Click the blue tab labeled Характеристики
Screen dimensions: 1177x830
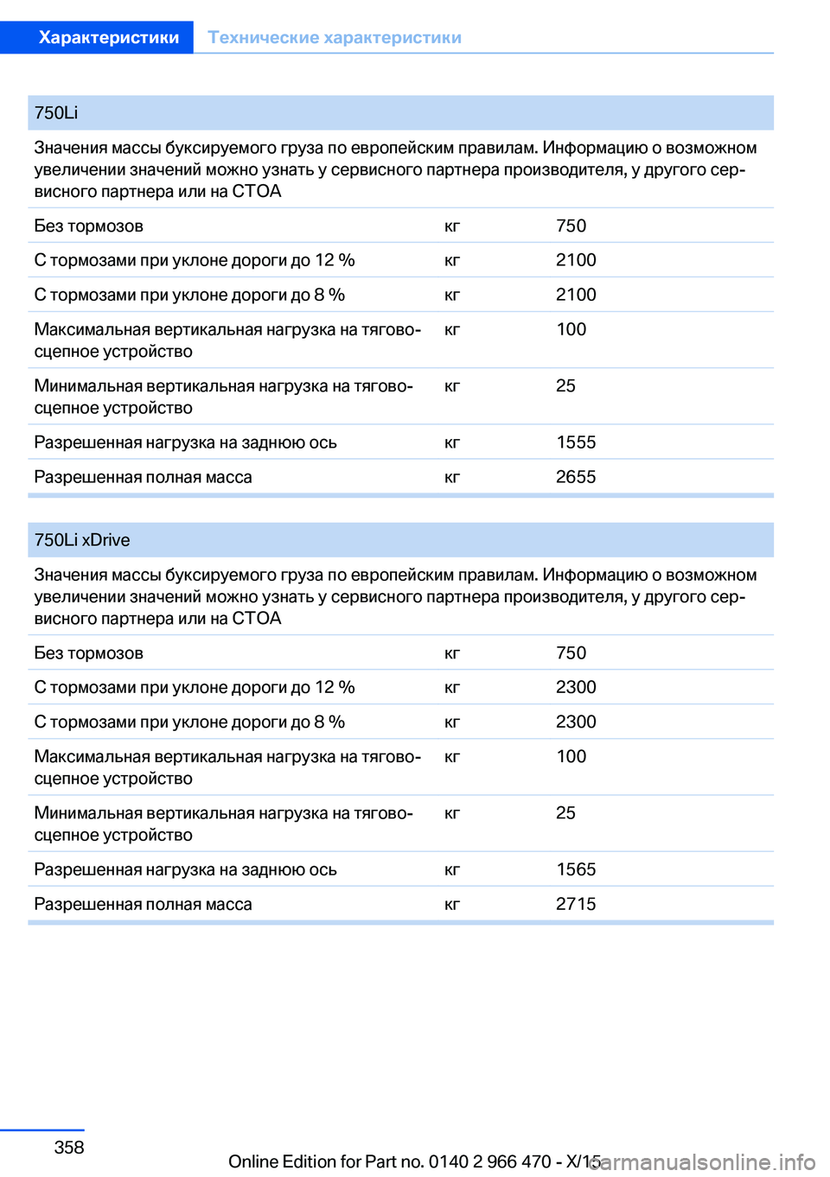(x=108, y=37)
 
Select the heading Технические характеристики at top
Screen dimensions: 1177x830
(x=335, y=37)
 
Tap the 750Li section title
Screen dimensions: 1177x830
(x=56, y=113)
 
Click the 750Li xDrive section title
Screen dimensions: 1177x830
(x=82, y=540)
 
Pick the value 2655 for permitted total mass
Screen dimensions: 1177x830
(x=576, y=477)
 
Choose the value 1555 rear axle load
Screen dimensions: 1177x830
(x=576, y=442)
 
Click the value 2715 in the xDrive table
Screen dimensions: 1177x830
(x=576, y=904)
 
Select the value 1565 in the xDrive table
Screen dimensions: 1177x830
(x=576, y=869)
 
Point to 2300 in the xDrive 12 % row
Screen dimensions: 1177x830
(x=576, y=687)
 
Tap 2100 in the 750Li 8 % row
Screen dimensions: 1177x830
(x=576, y=295)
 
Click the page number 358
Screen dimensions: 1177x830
(x=69, y=1148)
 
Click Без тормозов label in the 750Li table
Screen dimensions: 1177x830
(x=88, y=226)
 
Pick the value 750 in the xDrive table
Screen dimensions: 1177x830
(x=571, y=653)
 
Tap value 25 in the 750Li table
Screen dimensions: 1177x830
(x=565, y=386)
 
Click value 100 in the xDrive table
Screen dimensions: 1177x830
(x=571, y=757)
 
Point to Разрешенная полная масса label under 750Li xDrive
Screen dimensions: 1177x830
(x=143, y=905)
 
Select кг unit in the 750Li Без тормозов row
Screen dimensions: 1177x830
(x=452, y=226)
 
